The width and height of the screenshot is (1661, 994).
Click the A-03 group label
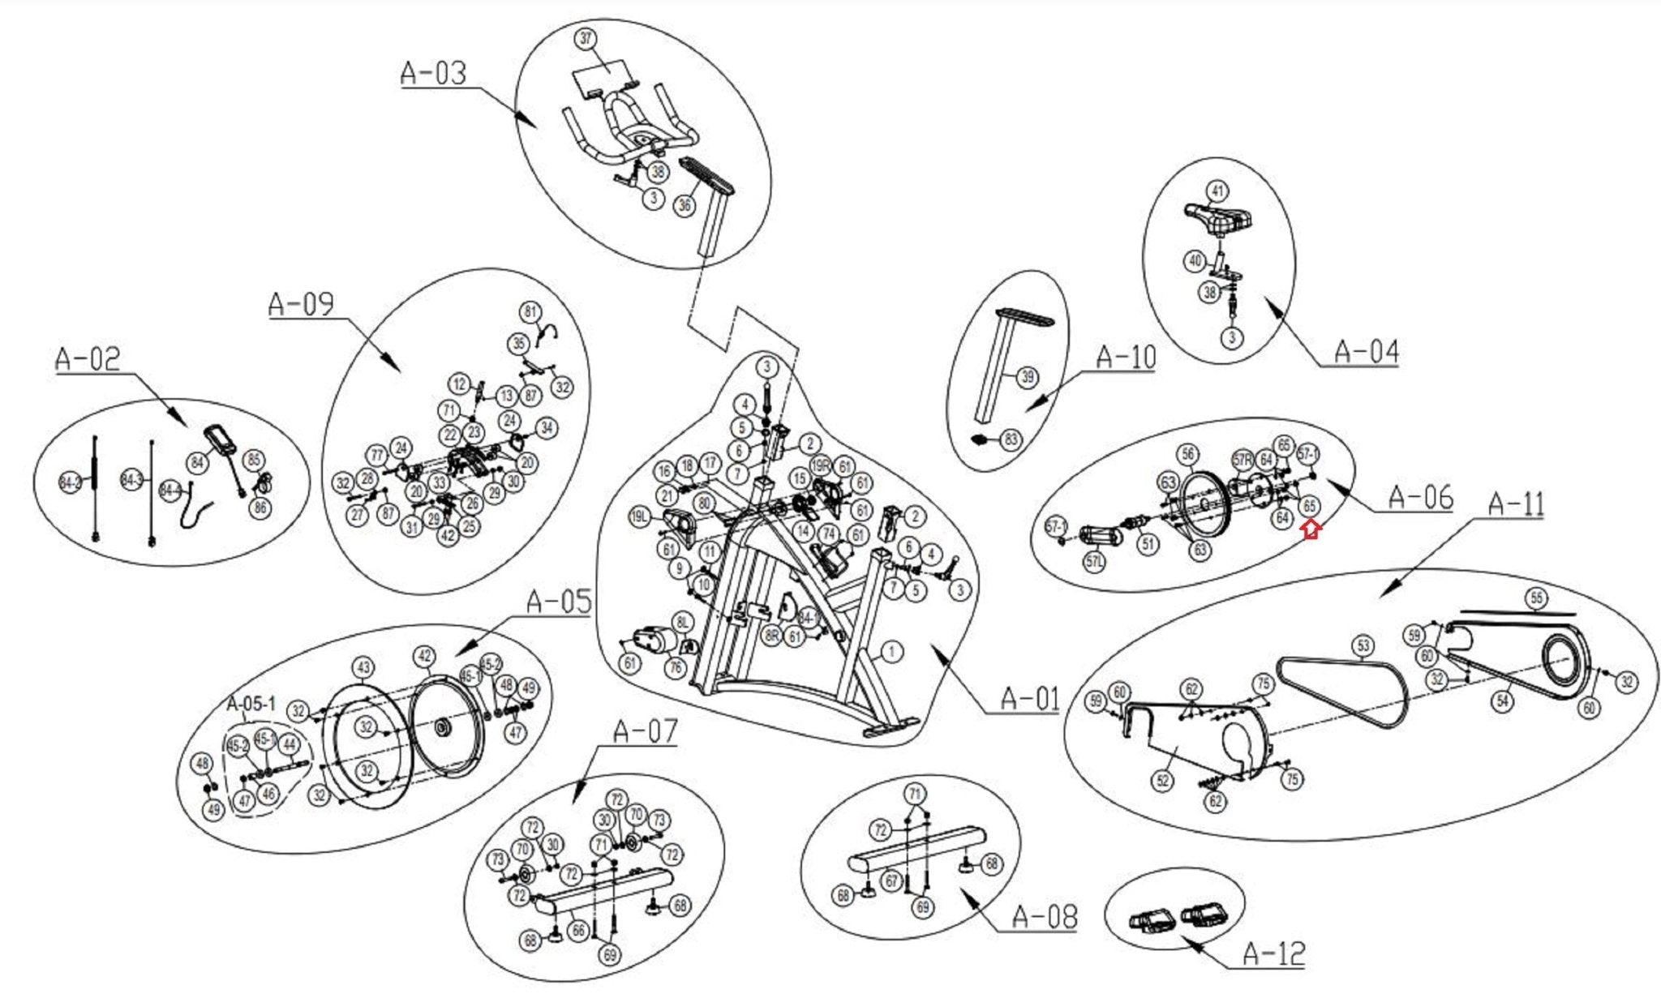pos(434,73)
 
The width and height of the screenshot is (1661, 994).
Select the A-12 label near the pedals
pos(1274,953)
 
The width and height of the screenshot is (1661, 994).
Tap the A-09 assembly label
pos(301,304)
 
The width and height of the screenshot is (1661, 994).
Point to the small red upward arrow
pos(1311,529)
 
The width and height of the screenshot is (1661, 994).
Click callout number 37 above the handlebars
pos(586,39)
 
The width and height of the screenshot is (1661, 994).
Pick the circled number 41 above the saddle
pos(1217,191)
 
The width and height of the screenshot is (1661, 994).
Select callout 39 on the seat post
pos(1028,377)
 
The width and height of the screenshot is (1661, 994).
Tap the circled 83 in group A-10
pos(1011,440)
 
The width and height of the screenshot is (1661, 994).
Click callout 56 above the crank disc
pos(1188,454)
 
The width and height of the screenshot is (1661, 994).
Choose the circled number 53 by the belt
pos(1363,645)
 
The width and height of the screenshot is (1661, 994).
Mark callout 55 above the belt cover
pos(1536,598)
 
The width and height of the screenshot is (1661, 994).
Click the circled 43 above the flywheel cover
pos(363,668)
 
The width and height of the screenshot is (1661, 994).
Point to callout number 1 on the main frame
pos(891,651)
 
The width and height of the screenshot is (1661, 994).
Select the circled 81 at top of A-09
pos(530,312)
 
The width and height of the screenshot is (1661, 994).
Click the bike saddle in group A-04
pos(1218,217)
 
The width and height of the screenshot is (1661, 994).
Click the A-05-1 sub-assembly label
pos(251,703)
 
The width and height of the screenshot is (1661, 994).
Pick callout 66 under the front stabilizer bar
pos(577,931)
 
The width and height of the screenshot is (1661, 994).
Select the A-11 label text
pos(1516,504)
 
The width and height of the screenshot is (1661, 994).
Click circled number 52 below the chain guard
pos(1162,781)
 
